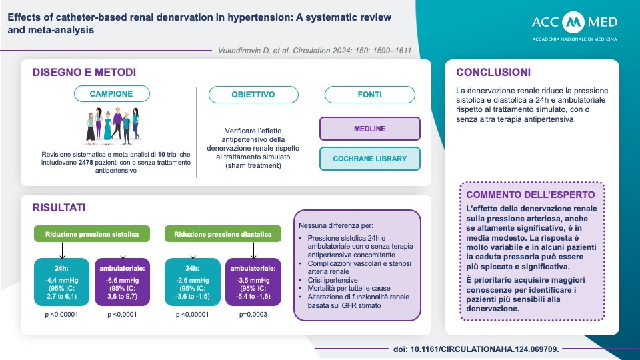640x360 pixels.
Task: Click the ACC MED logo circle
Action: (x=573, y=22)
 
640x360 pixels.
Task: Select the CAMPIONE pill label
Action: (x=112, y=93)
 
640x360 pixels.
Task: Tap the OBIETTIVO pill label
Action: (x=253, y=94)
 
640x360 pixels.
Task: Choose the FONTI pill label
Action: (x=370, y=94)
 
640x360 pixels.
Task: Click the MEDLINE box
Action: (x=370, y=129)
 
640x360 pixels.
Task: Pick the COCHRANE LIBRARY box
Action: (x=370, y=159)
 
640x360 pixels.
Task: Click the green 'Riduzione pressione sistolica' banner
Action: (x=92, y=234)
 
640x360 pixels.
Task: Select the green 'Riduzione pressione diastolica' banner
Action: (x=223, y=234)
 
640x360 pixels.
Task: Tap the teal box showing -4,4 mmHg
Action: (x=61, y=282)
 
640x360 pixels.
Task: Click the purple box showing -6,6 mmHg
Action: (x=123, y=282)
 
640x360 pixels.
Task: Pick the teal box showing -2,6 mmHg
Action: (x=192, y=282)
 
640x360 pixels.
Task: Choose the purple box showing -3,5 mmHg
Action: (x=253, y=282)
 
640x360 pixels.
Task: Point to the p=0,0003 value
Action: (x=253, y=314)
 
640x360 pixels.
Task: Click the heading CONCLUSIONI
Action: (x=493, y=72)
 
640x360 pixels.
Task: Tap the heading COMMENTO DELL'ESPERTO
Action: (x=531, y=195)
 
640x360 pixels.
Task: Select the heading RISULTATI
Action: (x=59, y=208)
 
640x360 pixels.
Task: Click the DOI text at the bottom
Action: (x=476, y=349)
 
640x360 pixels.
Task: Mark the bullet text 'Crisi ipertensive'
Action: (x=333, y=280)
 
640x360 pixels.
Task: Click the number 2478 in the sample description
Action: (x=86, y=163)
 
